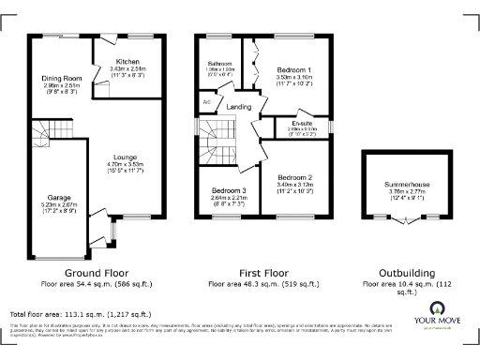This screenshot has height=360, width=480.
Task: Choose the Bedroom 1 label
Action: (x=295, y=70)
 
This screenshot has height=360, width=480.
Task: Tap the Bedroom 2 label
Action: (x=295, y=177)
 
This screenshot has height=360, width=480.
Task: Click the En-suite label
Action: (x=302, y=122)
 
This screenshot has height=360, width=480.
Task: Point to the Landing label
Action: (x=238, y=107)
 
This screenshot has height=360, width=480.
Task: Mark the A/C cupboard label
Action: (x=206, y=101)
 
